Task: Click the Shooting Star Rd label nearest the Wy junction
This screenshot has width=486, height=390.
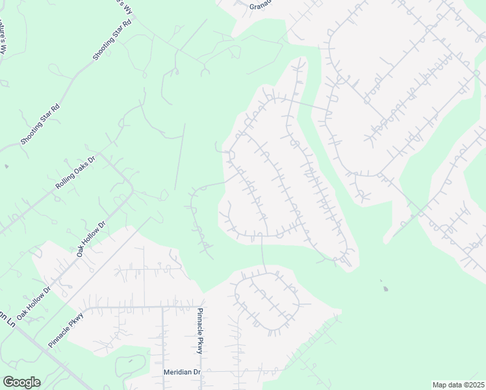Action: pos(112,40)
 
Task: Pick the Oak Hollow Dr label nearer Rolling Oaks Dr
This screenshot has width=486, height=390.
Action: pos(91,239)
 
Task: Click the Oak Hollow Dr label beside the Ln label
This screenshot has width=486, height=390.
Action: pos(33,302)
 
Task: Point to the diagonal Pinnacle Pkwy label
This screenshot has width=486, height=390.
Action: pos(66,328)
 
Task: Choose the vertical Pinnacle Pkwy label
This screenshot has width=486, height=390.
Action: pos(201,331)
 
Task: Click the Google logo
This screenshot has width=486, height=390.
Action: pos(21,382)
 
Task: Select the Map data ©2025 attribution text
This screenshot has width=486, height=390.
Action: pos(458,385)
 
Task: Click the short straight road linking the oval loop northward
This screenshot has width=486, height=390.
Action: pos(263,253)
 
